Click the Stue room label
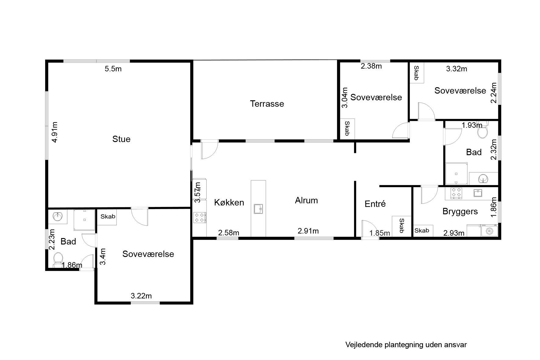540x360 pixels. [x=121, y=139]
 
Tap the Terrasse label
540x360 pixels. [x=267, y=104]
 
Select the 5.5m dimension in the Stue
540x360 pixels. [x=113, y=69]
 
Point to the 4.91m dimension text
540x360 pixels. [x=55, y=132]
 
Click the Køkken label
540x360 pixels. [x=229, y=202]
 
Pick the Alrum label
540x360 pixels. [x=306, y=200]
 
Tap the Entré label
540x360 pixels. [x=375, y=204]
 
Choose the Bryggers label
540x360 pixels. [x=460, y=212]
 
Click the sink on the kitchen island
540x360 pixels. [x=258, y=209]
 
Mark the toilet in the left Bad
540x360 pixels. [x=58, y=259]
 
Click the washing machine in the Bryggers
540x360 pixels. [x=489, y=231]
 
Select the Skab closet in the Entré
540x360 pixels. [x=402, y=226]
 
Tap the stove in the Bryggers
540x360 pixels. [x=456, y=193]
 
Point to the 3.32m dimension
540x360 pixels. [x=457, y=69]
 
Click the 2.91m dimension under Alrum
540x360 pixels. [x=308, y=231]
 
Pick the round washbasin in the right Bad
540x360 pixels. [x=483, y=179]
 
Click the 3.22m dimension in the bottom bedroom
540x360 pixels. [x=141, y=296]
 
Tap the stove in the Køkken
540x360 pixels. [x=199, y=218]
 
